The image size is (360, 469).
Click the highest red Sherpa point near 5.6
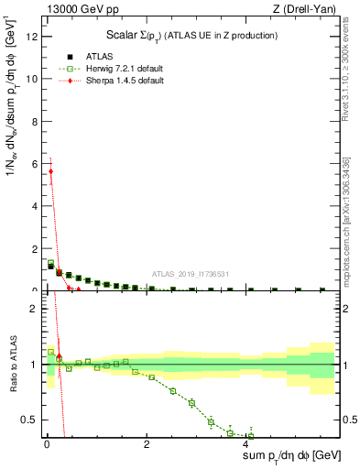(x=50, y=171)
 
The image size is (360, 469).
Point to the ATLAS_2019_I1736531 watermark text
(x=189, y=273)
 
